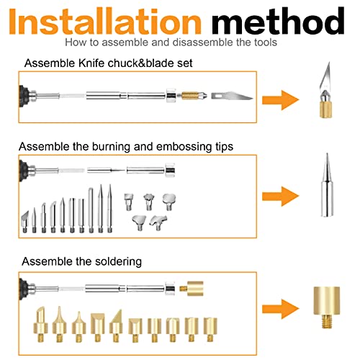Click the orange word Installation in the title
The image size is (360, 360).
click(105, 22)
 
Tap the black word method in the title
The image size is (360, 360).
click(278, 21)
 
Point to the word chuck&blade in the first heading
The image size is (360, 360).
click(141, 63)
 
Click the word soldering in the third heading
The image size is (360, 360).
click(118, 261)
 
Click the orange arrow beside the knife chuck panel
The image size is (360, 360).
click(280, 100)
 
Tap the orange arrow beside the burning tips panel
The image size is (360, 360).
click(280, 197)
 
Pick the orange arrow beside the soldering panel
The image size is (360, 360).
click(280, 310)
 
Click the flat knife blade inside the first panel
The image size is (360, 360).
click(232, 96)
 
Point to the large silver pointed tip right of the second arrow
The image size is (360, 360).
click(327, 185)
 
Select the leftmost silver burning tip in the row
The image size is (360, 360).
click(24, 222)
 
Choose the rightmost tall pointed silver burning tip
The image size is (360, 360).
click(109, 208)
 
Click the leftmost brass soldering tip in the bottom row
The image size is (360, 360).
click(40, 324)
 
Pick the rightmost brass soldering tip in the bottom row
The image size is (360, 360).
click(210, 329)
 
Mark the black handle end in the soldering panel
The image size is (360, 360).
click(24, 289)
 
